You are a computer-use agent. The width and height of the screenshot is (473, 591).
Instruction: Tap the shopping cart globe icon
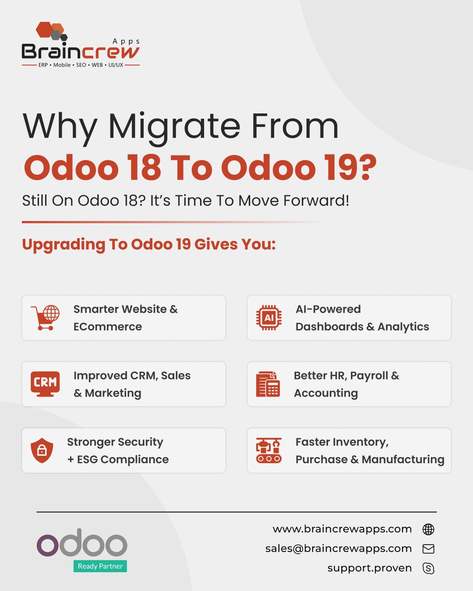(45, 318)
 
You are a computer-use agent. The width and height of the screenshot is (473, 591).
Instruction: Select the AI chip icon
(269, 318)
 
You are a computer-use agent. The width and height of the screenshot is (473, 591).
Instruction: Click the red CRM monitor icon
(45, 384)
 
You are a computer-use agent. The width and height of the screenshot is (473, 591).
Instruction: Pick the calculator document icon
(268, 384)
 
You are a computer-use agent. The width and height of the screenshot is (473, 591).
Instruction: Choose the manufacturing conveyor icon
(269, 450)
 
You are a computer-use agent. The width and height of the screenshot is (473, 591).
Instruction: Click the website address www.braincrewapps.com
(342, 529)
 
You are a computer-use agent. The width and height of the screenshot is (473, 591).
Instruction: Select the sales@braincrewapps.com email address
(338, 548)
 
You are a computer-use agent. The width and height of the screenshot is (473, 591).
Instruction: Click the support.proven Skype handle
(370, 568)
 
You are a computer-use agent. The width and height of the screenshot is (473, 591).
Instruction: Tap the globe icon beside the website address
(428, 529)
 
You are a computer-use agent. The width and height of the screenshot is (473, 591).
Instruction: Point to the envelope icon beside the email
(428, 549)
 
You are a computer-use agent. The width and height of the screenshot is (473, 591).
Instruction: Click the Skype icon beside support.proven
(428, 568)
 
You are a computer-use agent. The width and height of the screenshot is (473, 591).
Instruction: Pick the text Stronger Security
(115, 442)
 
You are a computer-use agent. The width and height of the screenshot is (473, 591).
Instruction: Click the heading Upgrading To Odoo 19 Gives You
(149, 245)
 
